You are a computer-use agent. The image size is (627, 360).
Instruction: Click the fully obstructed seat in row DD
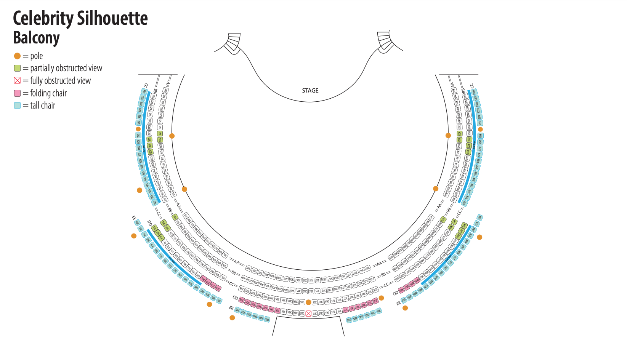308,314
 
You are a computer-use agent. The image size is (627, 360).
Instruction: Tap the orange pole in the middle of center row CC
308,302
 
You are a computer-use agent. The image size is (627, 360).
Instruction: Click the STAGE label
310,91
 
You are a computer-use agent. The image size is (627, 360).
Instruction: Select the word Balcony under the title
36,38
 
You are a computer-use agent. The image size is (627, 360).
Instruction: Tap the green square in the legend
17,68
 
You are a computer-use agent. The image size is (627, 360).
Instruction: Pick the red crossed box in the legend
17,80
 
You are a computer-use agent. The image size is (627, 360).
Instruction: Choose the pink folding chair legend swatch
17,93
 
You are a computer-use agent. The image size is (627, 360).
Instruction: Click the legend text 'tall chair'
43,106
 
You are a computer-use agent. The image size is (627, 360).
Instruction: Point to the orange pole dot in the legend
17,56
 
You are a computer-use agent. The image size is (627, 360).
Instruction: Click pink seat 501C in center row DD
241,300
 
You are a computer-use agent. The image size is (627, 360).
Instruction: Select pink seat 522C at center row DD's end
375,301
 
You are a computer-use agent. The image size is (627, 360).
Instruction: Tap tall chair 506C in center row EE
267,319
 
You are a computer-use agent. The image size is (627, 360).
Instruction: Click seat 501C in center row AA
249,268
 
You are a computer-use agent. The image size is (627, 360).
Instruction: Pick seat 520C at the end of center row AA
368,268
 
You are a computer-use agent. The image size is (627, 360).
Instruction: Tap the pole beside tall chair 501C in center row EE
232,318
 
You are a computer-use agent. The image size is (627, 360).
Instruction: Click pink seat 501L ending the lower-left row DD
218,289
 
